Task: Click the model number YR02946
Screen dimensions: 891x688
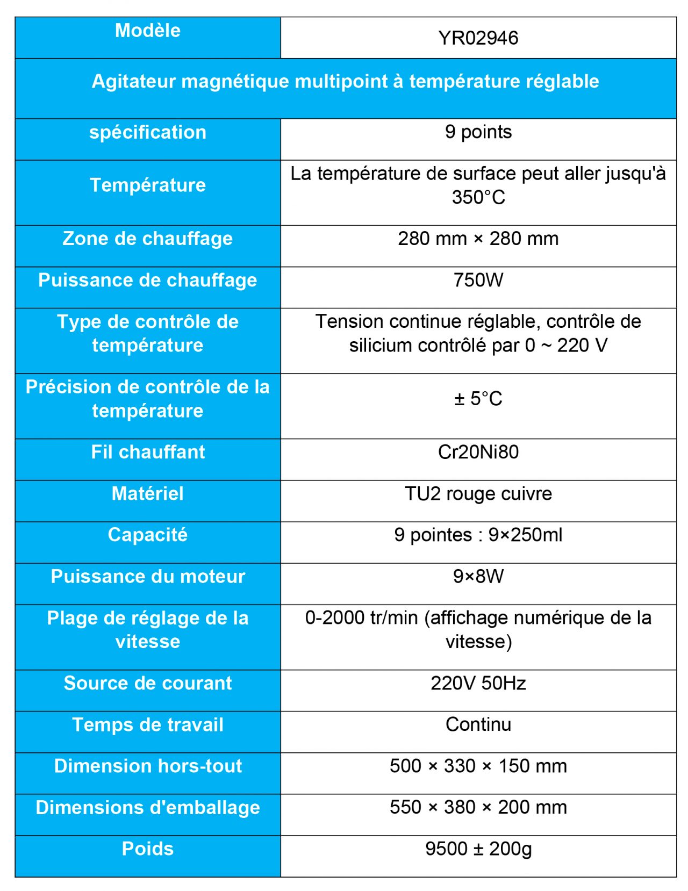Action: tap(478, 38)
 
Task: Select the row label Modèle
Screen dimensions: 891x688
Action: tap(148, 31)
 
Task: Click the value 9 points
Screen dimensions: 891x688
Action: tap(478, 132)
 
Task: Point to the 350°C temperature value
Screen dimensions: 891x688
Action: tap(478, 197)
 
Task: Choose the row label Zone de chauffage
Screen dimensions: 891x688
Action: tap(148, 239)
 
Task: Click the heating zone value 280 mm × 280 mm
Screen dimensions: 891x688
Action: tap(478, 239)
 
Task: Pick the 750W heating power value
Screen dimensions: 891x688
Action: tap(478, 280)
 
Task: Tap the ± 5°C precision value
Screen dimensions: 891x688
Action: tap(478, 399)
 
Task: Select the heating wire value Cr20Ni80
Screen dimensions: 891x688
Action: tap(478, 452)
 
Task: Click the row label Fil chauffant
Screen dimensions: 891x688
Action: tap(148, 452)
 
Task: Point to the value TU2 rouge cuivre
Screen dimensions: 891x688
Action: tap(478, 493)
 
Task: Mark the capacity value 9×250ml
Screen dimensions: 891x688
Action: tap(525, 535)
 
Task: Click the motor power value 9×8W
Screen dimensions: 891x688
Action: tap(478, 576)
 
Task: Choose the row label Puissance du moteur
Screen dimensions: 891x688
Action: tap(148, 576)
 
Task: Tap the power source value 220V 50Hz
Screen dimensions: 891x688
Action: tap(478, 683)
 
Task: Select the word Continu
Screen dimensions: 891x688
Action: tap(478, 724)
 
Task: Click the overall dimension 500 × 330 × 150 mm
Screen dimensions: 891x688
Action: tap(478, 766)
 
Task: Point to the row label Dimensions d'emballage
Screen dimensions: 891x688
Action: tap(148, 807)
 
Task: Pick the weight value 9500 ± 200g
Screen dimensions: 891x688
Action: tap(478, 849)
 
